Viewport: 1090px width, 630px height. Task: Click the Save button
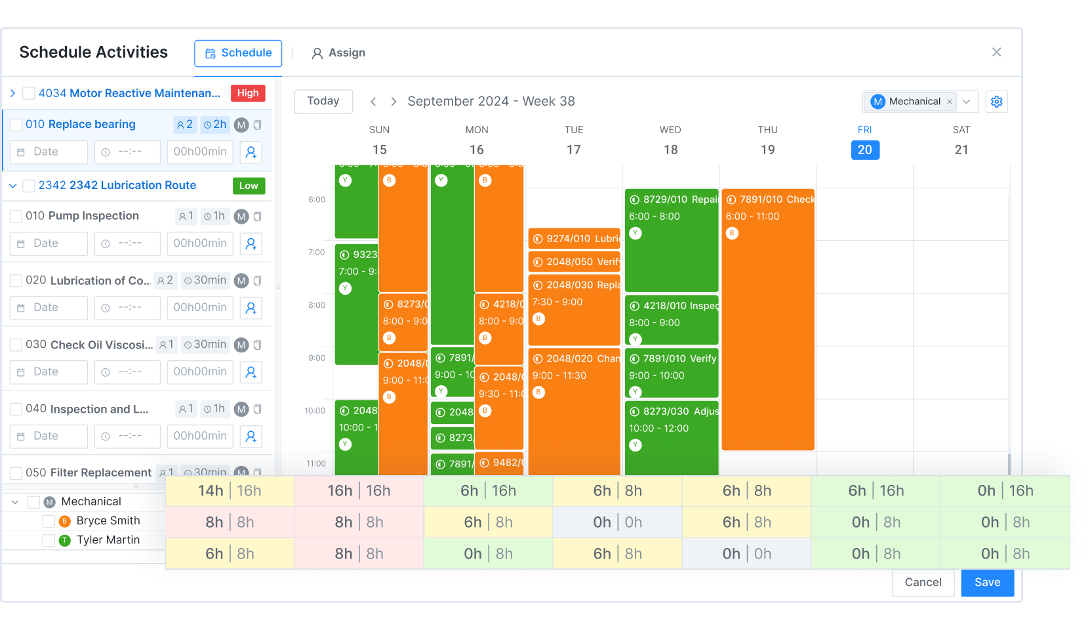pos(987,582)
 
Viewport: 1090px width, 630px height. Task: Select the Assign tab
pos(338,53)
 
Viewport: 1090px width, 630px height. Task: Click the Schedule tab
pos(238,53)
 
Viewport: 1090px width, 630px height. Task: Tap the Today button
pos(323,101)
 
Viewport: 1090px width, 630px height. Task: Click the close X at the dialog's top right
pos(996,52)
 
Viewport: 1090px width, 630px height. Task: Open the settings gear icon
pos(996,102)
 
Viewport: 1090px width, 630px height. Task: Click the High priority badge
pos(248,93)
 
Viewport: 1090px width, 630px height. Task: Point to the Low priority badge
pos(249,186)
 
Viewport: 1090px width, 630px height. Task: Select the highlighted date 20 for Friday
pos(864,150)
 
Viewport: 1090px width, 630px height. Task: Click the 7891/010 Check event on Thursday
pos(767,315)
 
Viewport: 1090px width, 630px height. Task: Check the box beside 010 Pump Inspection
pos(16,217)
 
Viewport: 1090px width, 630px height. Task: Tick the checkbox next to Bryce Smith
pos(49,521)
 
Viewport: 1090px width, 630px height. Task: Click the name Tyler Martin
pos(108,540)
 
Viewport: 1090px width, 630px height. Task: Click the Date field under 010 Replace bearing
pos(49,152)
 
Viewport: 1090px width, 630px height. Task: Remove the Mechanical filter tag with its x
pos(949,102)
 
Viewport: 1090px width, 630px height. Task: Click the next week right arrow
pos(394,102)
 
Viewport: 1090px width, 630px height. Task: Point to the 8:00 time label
pos(317,305)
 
